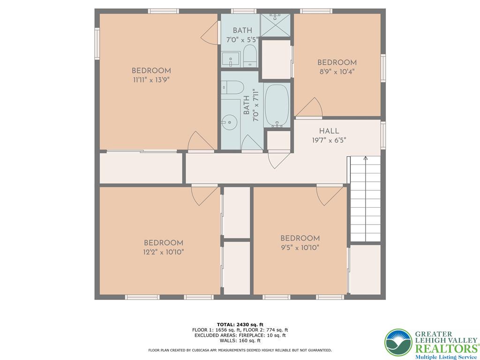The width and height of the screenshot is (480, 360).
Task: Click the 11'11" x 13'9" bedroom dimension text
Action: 150,80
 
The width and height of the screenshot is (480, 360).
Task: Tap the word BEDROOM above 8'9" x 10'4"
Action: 337,63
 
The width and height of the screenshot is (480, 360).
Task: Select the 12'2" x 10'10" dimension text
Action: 163,252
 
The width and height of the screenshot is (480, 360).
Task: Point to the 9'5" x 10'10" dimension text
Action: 300,247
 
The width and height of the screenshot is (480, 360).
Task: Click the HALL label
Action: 329,131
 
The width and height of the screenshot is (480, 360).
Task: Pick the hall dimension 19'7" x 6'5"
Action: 329,140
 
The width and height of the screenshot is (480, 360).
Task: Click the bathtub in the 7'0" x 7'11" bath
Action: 277,105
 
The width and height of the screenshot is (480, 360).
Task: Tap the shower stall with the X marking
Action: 275,25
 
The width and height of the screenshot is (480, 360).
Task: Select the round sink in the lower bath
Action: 230,121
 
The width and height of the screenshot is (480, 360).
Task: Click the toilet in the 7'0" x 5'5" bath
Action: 250,56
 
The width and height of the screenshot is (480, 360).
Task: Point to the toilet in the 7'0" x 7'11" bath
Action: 233,87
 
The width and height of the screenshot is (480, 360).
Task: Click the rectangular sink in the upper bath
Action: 230,60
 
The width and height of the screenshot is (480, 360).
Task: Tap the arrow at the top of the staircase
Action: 365,158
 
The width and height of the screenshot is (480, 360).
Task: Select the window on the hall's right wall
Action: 383,136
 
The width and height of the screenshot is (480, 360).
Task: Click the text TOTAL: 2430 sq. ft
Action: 240,324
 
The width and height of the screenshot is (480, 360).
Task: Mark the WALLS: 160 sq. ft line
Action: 240,341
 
